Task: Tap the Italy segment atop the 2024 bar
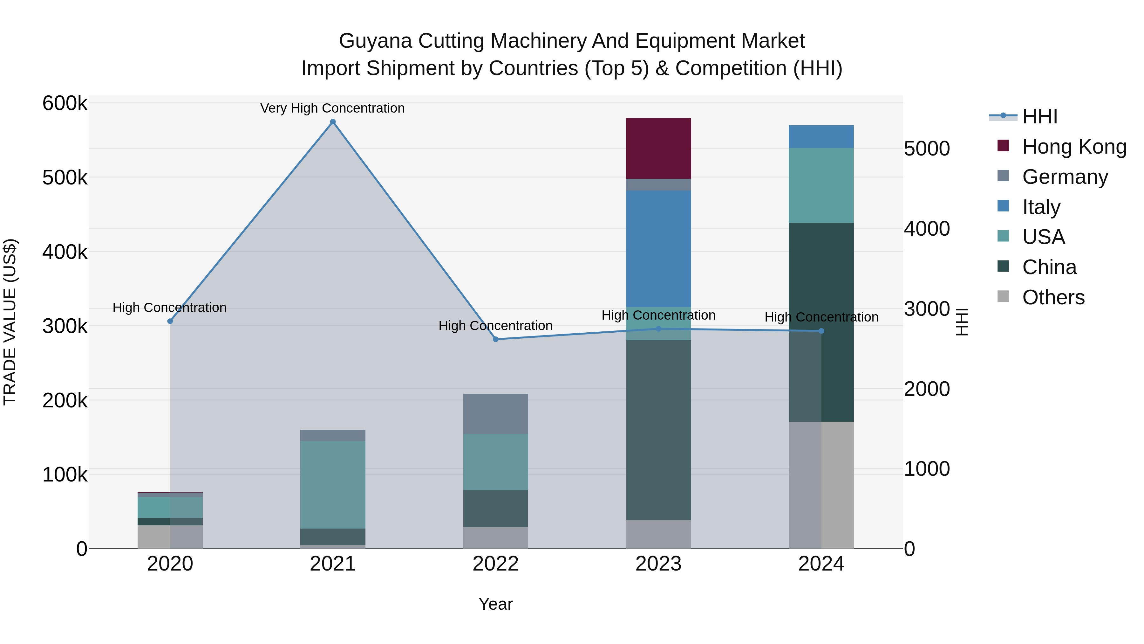(821, 136)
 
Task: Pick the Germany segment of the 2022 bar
(496, 413)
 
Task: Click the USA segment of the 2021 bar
(333, 484)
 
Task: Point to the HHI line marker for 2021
(333, 122)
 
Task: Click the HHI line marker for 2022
(496, 339)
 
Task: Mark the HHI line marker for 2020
(170, 321)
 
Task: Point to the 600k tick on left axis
(65, 104)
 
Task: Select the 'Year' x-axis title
(496, 604)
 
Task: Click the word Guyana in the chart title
(375, 41)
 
